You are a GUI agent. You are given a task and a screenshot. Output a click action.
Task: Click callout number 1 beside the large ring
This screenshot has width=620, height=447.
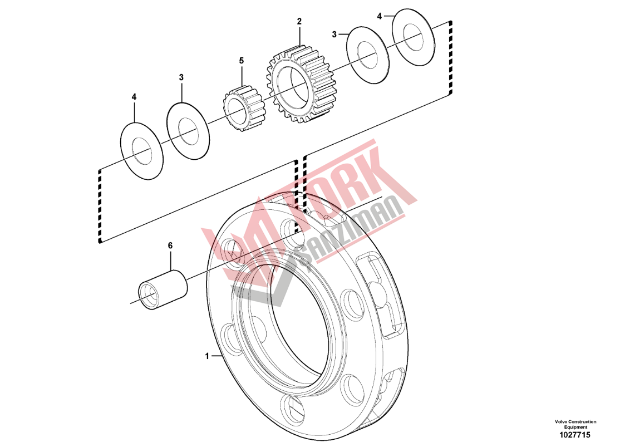coord(207,356)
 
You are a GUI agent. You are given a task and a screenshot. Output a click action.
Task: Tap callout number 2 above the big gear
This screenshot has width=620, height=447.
coord(299,21)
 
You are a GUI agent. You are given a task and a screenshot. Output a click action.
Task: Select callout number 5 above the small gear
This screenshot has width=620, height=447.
coord(241,61)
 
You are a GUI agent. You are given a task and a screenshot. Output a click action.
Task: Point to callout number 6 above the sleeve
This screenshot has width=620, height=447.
coord(170,245)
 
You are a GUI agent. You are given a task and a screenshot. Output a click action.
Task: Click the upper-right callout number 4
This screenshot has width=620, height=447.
coord(380,16)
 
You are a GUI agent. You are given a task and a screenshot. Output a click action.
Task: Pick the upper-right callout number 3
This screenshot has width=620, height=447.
coord(334,35)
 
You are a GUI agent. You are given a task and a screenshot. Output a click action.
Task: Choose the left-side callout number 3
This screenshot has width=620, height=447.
coord(181,77)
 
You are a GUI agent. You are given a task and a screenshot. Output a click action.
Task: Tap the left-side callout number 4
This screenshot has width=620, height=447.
coord(134,97)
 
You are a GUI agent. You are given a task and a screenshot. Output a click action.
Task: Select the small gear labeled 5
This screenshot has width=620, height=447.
coord(244,107)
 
